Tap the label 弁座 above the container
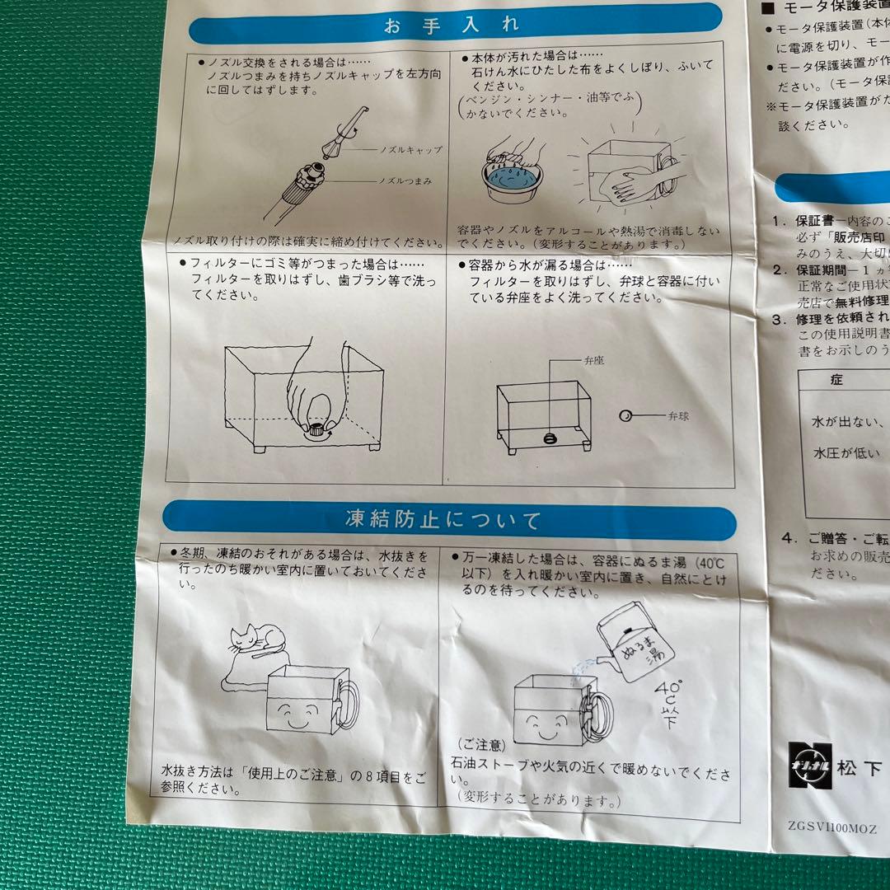(594, 360)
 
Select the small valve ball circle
(625, 416)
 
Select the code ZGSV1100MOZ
(833, 828)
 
